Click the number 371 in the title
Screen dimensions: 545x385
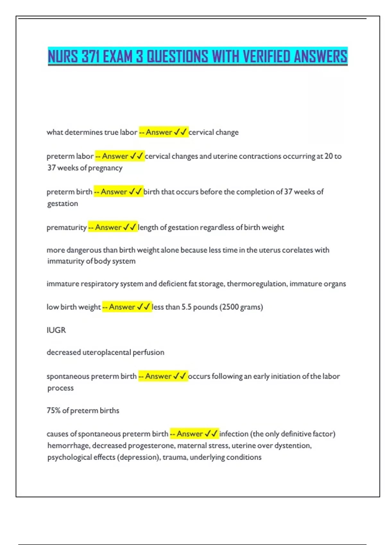pyautogui.click(x=90, y=57)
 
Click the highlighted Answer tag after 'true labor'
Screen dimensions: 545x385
pyautogui.click(x=164, y=132)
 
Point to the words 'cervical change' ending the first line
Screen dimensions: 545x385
pyautogui.click(x=214, y=132)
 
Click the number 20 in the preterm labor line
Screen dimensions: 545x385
pyautogui.click(x=329, y=156)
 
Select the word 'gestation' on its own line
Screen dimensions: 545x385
pyautogui.click(x=63, y=204)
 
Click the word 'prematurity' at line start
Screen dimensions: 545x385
pyautogui.click(x=67, y=228)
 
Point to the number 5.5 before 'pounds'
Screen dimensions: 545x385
pyautogui.click(x=186, y=307)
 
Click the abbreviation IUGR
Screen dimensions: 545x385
pyautogui.click(x=56, y=330)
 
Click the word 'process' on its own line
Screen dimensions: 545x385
pyautogui.click(x=60, y=388)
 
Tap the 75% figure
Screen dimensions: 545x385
pyautogui.click(x=53, y=411)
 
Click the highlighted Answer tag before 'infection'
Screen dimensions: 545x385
pyautogui.click(x=194, y=434)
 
